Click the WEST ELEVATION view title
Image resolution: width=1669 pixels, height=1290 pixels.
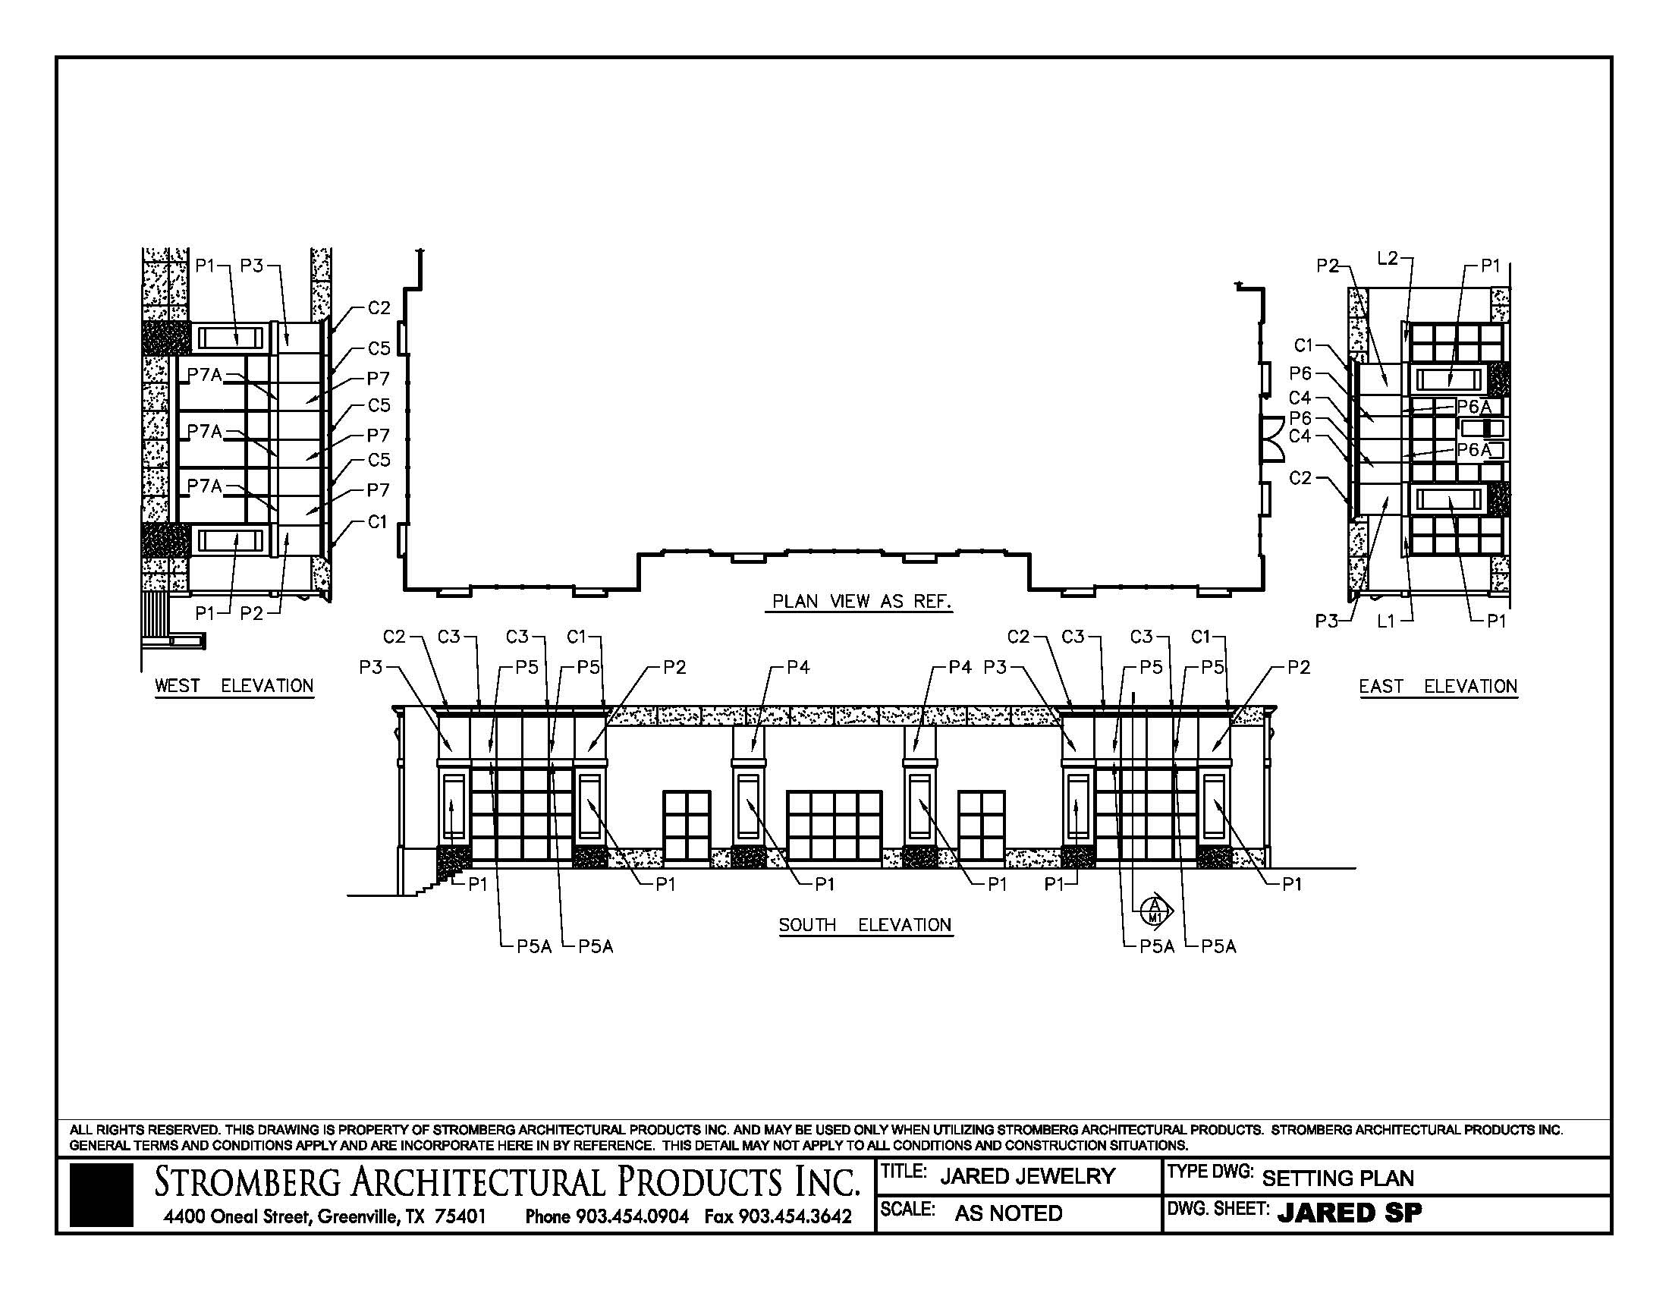point(234,685)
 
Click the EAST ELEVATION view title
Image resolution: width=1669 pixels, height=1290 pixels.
point(1438,686)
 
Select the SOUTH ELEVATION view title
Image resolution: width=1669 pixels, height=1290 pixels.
point(865,925)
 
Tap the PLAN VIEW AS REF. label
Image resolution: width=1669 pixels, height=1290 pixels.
point(862,602)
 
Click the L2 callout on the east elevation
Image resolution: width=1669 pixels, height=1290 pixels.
point(1387,258)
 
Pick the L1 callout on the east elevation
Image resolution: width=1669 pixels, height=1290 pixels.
point(1386,621)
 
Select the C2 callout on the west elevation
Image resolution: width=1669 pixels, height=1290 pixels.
point(379,308)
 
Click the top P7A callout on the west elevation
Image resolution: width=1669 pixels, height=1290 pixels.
point(204,374)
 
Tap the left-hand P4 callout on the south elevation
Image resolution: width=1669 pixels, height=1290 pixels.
point(798,667)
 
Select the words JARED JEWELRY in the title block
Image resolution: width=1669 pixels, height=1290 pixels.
point(1027,1176)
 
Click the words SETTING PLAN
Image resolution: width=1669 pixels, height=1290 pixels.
point(1337,1178)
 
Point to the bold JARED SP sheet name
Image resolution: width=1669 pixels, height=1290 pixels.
point(1350,1213)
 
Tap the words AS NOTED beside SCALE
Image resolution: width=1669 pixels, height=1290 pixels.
point(1008,1213)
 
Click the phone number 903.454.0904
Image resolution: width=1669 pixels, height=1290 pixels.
point(632,1216)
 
